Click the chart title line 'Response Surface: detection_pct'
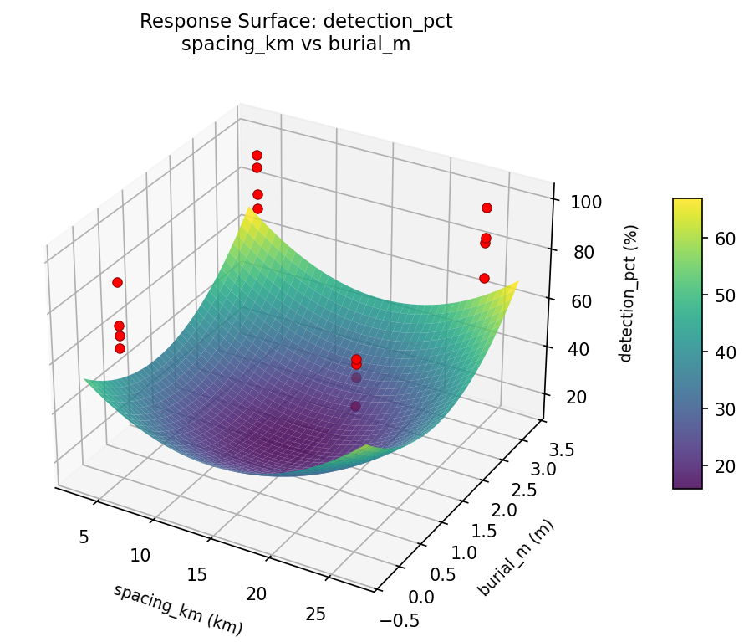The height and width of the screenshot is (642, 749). pos(296,22)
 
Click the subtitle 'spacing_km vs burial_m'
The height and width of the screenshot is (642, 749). pos(296,44)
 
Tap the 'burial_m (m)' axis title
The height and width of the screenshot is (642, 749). pos(516,557)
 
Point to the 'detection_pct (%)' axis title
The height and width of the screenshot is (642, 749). pos(632,293)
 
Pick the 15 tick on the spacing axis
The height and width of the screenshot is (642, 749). pos(198,574)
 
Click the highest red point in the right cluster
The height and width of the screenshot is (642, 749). pos(487,208)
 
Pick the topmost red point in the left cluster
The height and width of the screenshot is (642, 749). pos(117,282)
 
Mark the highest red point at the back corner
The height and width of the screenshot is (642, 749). pos(257,155)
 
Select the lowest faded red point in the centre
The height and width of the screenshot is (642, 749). pos(355,406)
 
